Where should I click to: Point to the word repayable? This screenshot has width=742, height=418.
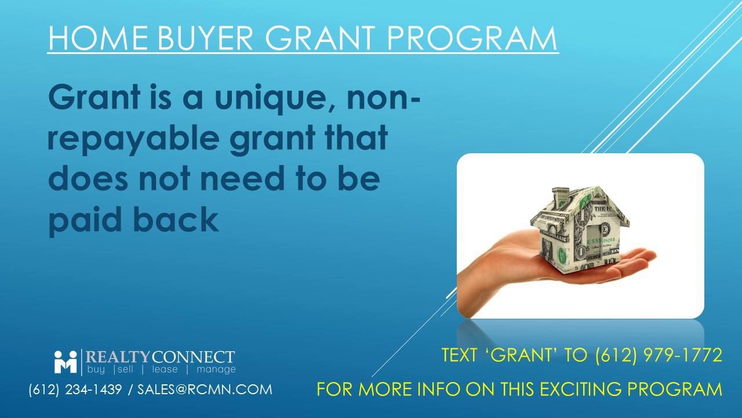click(133, 139)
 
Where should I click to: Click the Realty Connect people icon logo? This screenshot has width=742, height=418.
click(66, 362)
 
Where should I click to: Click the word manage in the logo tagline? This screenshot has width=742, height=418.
click(216, 370)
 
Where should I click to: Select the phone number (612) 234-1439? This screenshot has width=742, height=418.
click(75, 390)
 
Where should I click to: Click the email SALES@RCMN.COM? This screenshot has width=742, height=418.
click(205, 390)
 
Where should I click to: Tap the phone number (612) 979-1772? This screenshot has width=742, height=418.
click(659, 355)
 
